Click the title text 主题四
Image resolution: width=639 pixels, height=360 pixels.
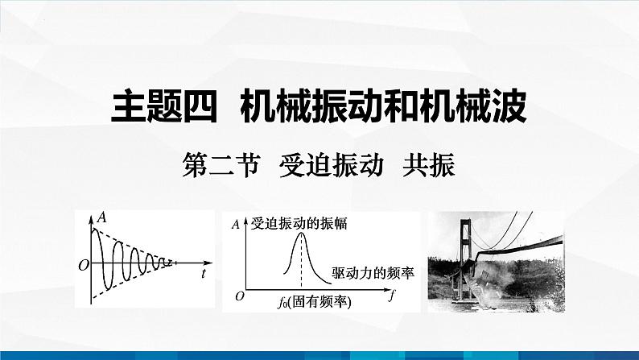click(164, 107)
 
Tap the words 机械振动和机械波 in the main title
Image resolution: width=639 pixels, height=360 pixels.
click(384, 107)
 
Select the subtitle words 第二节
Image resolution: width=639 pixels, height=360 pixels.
click(221, 166)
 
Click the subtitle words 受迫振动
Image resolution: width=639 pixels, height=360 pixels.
click(332, 166)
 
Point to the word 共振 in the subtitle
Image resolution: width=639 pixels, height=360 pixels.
click(429, 166)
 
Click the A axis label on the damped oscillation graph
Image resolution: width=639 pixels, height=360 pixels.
click(101, 218)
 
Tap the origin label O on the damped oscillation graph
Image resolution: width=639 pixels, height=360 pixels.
click(84, 266)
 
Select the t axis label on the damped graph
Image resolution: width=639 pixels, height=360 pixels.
click(204, 274)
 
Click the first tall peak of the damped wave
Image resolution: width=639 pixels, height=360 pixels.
click(95, 230)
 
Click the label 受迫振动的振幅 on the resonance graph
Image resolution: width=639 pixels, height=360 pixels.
click(299, 223)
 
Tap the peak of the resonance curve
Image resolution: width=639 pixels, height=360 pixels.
click(301, 234)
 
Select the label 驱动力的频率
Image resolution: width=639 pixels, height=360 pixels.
click(373, 273)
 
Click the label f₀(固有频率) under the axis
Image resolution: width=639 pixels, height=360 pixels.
click(314, 302)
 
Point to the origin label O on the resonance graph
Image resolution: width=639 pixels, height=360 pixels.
click(240, 296)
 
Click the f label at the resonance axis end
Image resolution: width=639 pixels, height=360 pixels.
click(392, 294)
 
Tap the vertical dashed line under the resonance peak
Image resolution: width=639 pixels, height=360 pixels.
click(301, 261)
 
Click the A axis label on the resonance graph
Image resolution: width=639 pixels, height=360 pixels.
click(235, 224)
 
